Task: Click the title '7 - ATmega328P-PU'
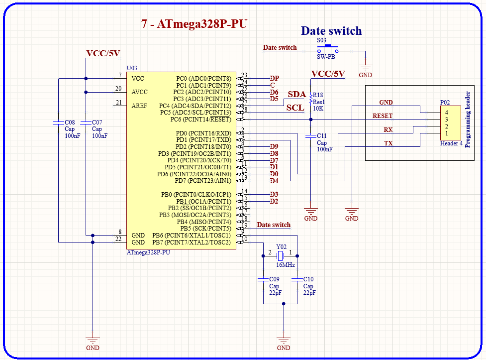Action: coord(194,24)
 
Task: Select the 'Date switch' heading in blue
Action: coord(331,31)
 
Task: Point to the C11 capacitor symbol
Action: coord(311,135)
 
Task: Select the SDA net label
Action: coord(296,95)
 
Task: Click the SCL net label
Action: coord(295,108)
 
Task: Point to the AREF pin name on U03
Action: coord(139,106)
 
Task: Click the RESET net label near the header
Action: coord(383,116)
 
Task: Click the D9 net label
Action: coord(274,146)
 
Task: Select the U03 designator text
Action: coord(132,68)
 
